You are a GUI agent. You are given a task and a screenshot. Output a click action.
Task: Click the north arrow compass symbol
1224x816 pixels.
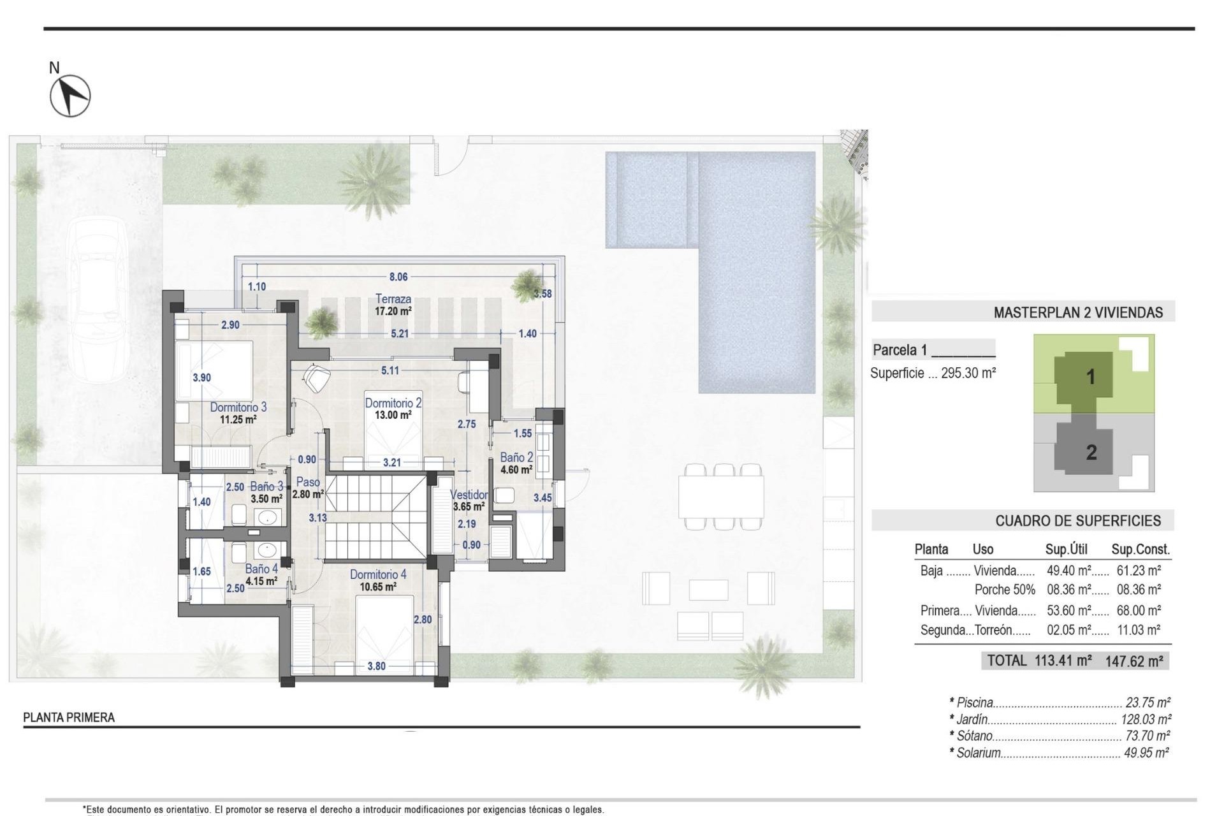tap(70, 96)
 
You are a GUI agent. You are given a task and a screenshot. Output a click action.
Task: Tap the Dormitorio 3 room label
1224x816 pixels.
tap(238, 407)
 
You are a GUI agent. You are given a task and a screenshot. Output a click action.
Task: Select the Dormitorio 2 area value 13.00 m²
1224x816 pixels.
tap(393, 415)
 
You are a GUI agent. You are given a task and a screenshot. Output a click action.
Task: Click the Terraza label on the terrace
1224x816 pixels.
tap(393, 299)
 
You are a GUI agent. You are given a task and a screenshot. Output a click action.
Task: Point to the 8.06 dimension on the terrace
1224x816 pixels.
tap(398, 277)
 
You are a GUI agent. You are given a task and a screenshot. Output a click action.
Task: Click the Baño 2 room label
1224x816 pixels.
tap(516, 458)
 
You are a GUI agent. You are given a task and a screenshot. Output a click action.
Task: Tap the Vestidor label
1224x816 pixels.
tap(469, 495)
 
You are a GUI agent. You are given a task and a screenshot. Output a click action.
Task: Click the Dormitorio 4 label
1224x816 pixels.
tap(377, 575)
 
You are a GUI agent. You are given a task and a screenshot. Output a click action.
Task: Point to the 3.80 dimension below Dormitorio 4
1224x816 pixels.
tap(376, 666)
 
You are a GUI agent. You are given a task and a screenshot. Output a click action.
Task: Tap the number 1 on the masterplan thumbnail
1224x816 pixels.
tap(1090, 377)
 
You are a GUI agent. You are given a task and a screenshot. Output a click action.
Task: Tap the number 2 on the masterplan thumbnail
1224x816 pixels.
tap(1091, 453)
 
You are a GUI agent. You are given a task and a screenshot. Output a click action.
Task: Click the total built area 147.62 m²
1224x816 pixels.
tap(1133, 661)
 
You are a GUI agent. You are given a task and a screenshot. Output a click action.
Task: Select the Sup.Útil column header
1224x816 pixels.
tap(1066, 550)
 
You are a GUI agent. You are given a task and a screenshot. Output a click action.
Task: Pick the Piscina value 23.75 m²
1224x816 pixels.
tap(1147, 703)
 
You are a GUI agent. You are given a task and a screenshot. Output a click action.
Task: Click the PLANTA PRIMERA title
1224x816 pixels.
tap(69, 718)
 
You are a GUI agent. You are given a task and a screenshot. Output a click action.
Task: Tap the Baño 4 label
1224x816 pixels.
tap(261, 569)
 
